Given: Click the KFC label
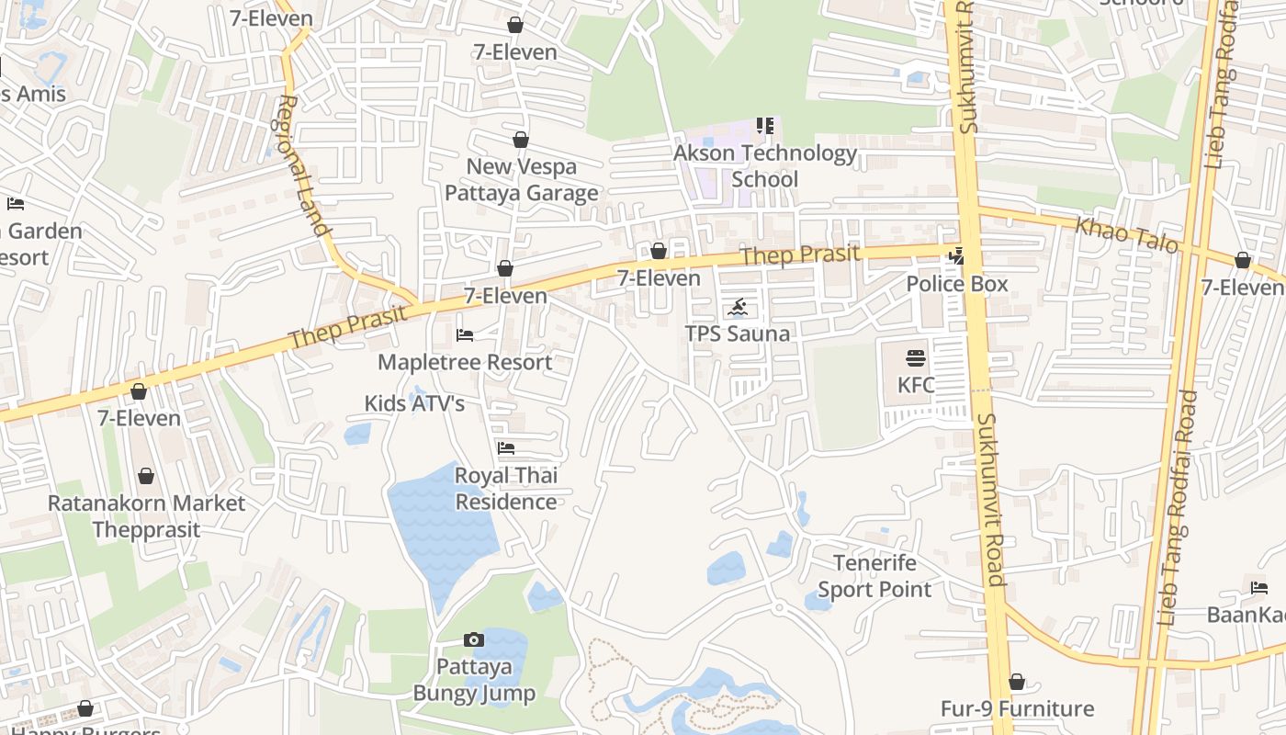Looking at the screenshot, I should tap(916, 385).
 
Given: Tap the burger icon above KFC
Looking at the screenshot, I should tap(916, 357).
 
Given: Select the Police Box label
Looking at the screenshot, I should tap(957, 284).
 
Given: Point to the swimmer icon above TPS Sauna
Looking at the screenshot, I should tap(739, 307).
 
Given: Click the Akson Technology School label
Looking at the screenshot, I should tap(765, 166).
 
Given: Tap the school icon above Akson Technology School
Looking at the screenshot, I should tap(765, 125).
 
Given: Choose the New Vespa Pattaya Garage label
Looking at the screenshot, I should tap(522, 180).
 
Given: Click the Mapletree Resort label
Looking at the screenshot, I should tap(465, 362).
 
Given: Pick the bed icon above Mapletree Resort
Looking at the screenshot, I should tap(465, 335).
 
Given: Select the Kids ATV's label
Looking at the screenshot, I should tap(414, 403).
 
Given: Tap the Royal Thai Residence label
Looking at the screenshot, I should tap(506, 489).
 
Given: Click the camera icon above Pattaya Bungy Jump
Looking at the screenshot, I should tap(473, 639).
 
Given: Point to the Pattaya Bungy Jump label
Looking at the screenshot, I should tap(473, 679).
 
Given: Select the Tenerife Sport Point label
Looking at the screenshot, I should tap(874, 576).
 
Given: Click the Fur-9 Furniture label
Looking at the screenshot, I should tap(1017, 708).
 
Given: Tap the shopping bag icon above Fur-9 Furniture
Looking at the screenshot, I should tap(1016, 682).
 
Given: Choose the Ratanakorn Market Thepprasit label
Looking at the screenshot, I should tap(146, 516).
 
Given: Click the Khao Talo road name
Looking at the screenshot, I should tap(1126, 235).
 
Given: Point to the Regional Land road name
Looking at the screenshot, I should tap(303, 165).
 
